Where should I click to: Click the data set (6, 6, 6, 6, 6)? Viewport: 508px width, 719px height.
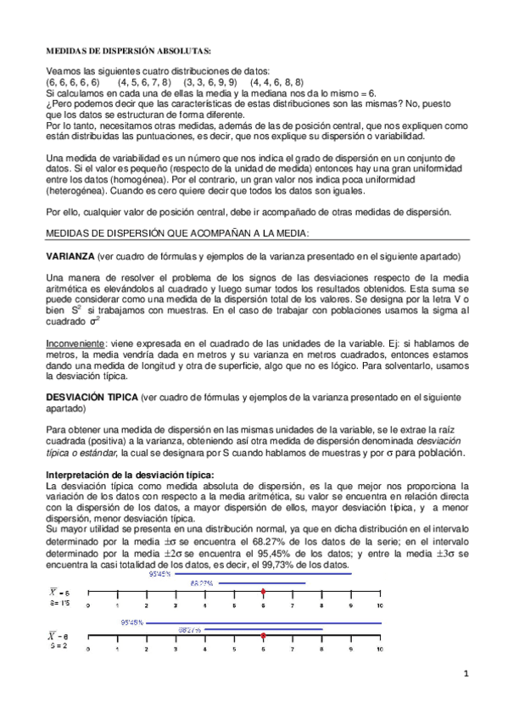[x=73, y=82]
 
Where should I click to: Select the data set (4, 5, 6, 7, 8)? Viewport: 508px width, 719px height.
[x=145, y=82]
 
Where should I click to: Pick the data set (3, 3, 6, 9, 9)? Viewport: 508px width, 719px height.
[x=210, y=82]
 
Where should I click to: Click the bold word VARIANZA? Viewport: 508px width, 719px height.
[x=70, y=256]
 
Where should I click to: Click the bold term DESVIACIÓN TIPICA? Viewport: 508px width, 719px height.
[x=92, y=397]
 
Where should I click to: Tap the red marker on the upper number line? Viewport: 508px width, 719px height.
[x=264, y=592]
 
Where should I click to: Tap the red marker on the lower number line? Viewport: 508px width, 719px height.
[x=264, y=634]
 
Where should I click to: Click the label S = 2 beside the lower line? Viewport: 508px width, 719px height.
[x=58, y=645]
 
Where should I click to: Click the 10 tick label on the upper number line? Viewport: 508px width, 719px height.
[x=381, y=605]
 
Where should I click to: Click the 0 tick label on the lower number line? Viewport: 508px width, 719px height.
[x=88, y=648]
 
